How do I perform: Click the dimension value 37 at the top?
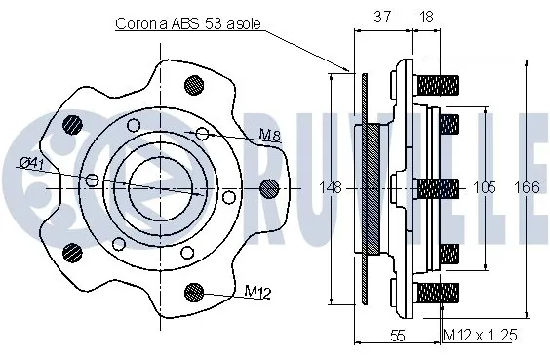[383, 17]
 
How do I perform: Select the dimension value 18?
[426, 17]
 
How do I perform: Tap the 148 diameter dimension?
[332, 187]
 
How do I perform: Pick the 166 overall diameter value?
[527, 186]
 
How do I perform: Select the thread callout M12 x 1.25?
[480, 336]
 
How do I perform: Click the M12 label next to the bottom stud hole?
[256, 291]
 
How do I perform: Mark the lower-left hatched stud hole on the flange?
[71, 252]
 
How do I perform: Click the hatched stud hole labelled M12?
[195, 291]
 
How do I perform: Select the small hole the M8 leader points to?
[202, 133]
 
